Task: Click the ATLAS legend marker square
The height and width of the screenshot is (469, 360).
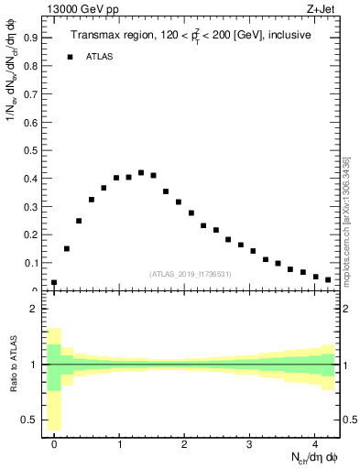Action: (x=69, y=57)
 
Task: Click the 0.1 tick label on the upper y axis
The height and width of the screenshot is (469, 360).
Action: (x=31, y=264)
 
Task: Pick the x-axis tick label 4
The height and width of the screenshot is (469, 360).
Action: (x=315, y=443)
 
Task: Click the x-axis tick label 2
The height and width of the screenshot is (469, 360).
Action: (x=185, y=443)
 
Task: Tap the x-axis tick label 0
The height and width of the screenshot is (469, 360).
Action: (x=54, y=443)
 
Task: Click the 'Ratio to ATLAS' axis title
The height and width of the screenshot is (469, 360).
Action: (x=12, y=364)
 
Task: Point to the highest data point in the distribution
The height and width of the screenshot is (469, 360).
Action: (x=141, y=172)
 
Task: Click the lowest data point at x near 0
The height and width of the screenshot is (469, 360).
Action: (x=54, y=283)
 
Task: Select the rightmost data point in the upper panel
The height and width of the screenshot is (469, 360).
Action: (x=328, y=279)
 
